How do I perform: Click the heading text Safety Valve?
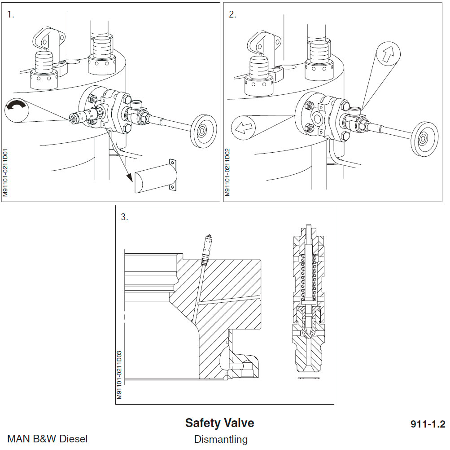(219, 423)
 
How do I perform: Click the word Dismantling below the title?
(220, 439)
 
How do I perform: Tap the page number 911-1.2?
(427, 424)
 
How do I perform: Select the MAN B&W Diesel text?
(48, 439)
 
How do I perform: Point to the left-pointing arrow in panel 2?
(242, 128)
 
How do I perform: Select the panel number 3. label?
(124, 217)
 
